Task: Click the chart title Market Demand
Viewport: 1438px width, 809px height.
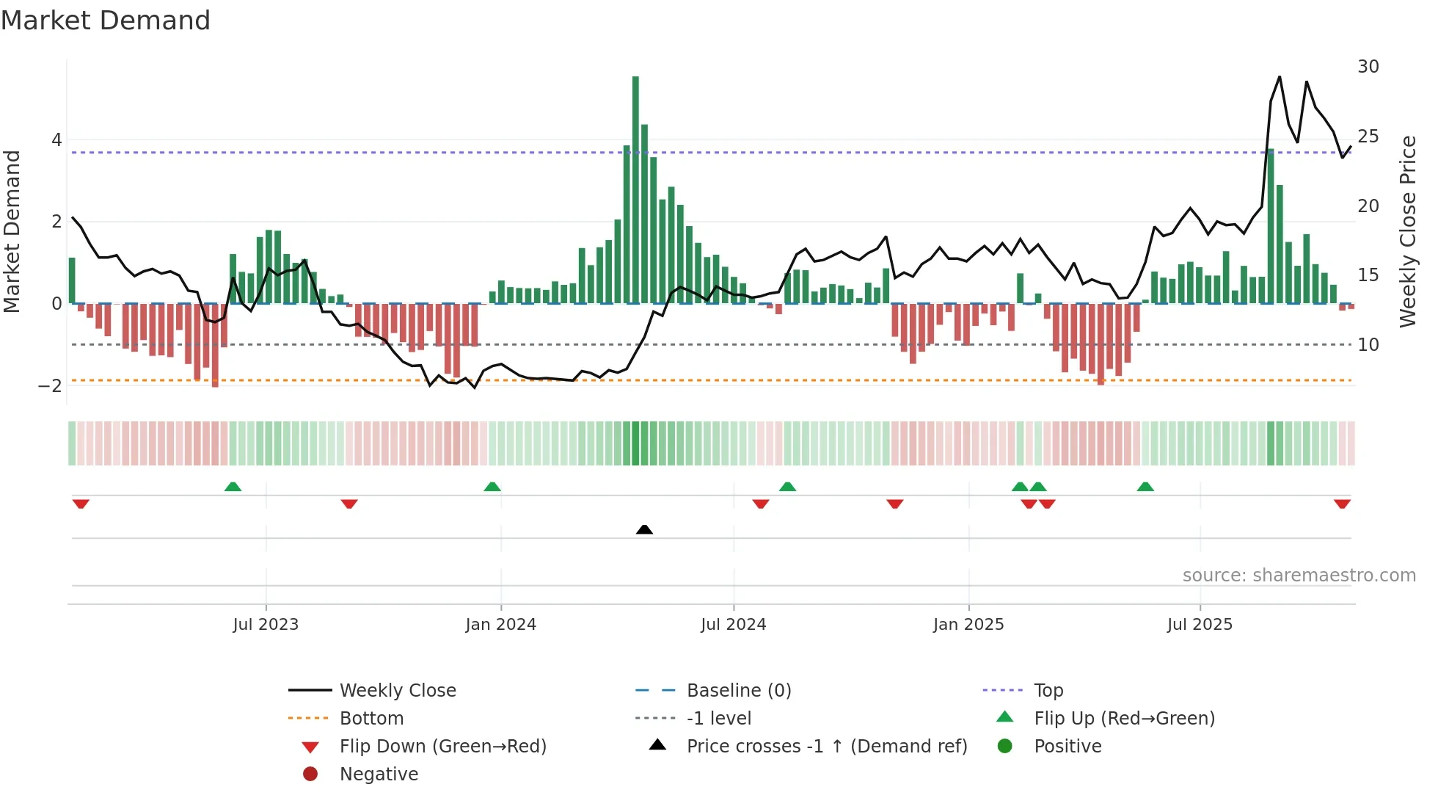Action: pyautogui.click(x=106, y=21)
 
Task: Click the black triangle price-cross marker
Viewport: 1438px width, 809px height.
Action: pyautogui.click(x=644, y=529)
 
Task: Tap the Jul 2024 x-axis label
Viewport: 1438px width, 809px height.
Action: pyautogui.click(x=733, y=625)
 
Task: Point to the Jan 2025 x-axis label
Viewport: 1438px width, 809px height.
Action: pyautogui.click(x=968, y=625)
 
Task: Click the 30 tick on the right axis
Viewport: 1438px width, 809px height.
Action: pyautogui.click(x=1368, y=67)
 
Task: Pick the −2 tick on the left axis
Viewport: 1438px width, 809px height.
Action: pyautogui.click(x=51, y=385)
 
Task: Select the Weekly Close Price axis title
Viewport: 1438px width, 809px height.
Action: pyautogui.click(x=1407, y=231)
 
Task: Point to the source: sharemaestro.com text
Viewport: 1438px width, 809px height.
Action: pyautogui.click(x=1299, y=576)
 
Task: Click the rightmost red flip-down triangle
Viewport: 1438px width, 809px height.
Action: pyautogui.click(x=1342, y=504)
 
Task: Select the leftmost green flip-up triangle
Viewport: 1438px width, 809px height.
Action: pyautogui.click(x=233, y=487)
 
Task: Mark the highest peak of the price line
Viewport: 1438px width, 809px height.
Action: pyautogui.click(x=1280, y=76)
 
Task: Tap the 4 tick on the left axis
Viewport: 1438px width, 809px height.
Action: pyautogui.click(x=56, y=139)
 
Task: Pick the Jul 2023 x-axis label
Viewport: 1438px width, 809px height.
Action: pyautogui.click(x=266, y=625)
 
